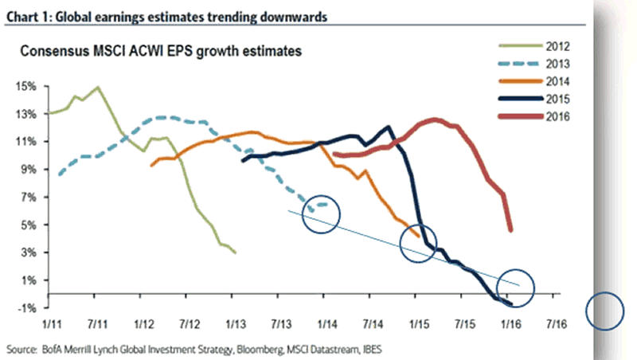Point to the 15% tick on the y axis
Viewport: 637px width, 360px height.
point(26,86)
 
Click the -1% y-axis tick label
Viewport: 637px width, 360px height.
point(26,308)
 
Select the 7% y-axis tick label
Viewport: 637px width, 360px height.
point(27,198)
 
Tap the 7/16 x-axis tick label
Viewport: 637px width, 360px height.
point(555,325)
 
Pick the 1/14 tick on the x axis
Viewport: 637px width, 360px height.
point(324,325)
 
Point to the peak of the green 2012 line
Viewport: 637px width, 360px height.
point(97,87)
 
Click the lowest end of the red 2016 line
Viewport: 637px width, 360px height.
point(510,230)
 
